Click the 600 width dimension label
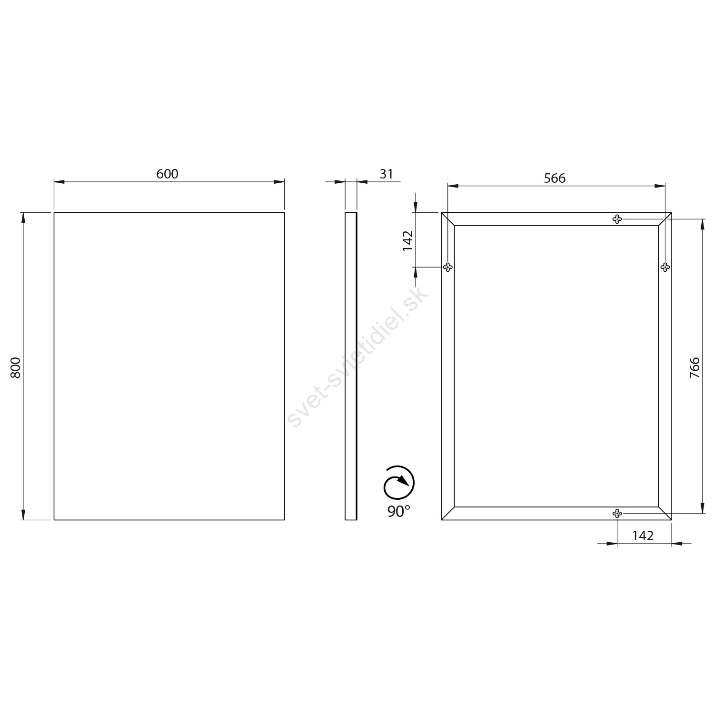tap(167, 174)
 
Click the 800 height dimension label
tap(16, 367)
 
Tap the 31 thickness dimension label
tap(387, 174)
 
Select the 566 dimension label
tap(555, 178)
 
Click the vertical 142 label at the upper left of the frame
tap(408, 241)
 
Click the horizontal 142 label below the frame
tap(643, 535)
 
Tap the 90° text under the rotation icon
tap(398, 511)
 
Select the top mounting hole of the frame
tap(617, 219)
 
